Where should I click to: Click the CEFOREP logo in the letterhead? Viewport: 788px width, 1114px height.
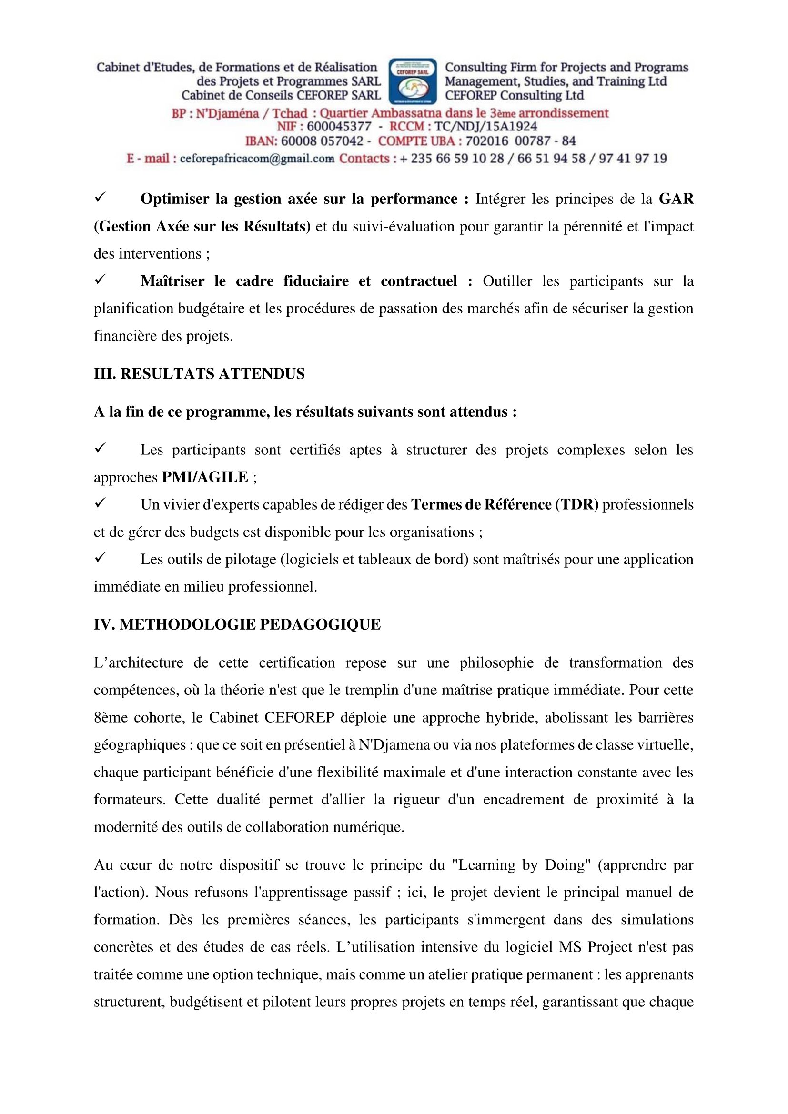click(x=413, y=80)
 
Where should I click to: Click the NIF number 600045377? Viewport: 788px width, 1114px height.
click(x=339, y=127)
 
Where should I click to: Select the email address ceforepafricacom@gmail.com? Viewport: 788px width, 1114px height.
click(x=257, y=159)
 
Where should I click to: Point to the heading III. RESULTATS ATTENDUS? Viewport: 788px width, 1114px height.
click(x=199, y=373)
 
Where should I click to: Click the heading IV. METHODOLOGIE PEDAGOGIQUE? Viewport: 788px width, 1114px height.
click(x=237, y=624)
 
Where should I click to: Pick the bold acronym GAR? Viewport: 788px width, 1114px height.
click(x=676, y=199)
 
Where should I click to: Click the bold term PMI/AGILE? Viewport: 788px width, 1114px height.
click(x=205, y=477)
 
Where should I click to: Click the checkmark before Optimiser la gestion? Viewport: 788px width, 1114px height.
click(x=101, y=198)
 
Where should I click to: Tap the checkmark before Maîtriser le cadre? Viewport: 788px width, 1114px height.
click(x=101, y=280)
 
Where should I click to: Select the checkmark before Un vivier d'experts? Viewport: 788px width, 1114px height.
click(x=101, y=503)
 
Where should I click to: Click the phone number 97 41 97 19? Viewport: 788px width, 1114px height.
click(x=633, y=159)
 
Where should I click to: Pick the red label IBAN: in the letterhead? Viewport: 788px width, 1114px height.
click(x=261, y=141)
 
